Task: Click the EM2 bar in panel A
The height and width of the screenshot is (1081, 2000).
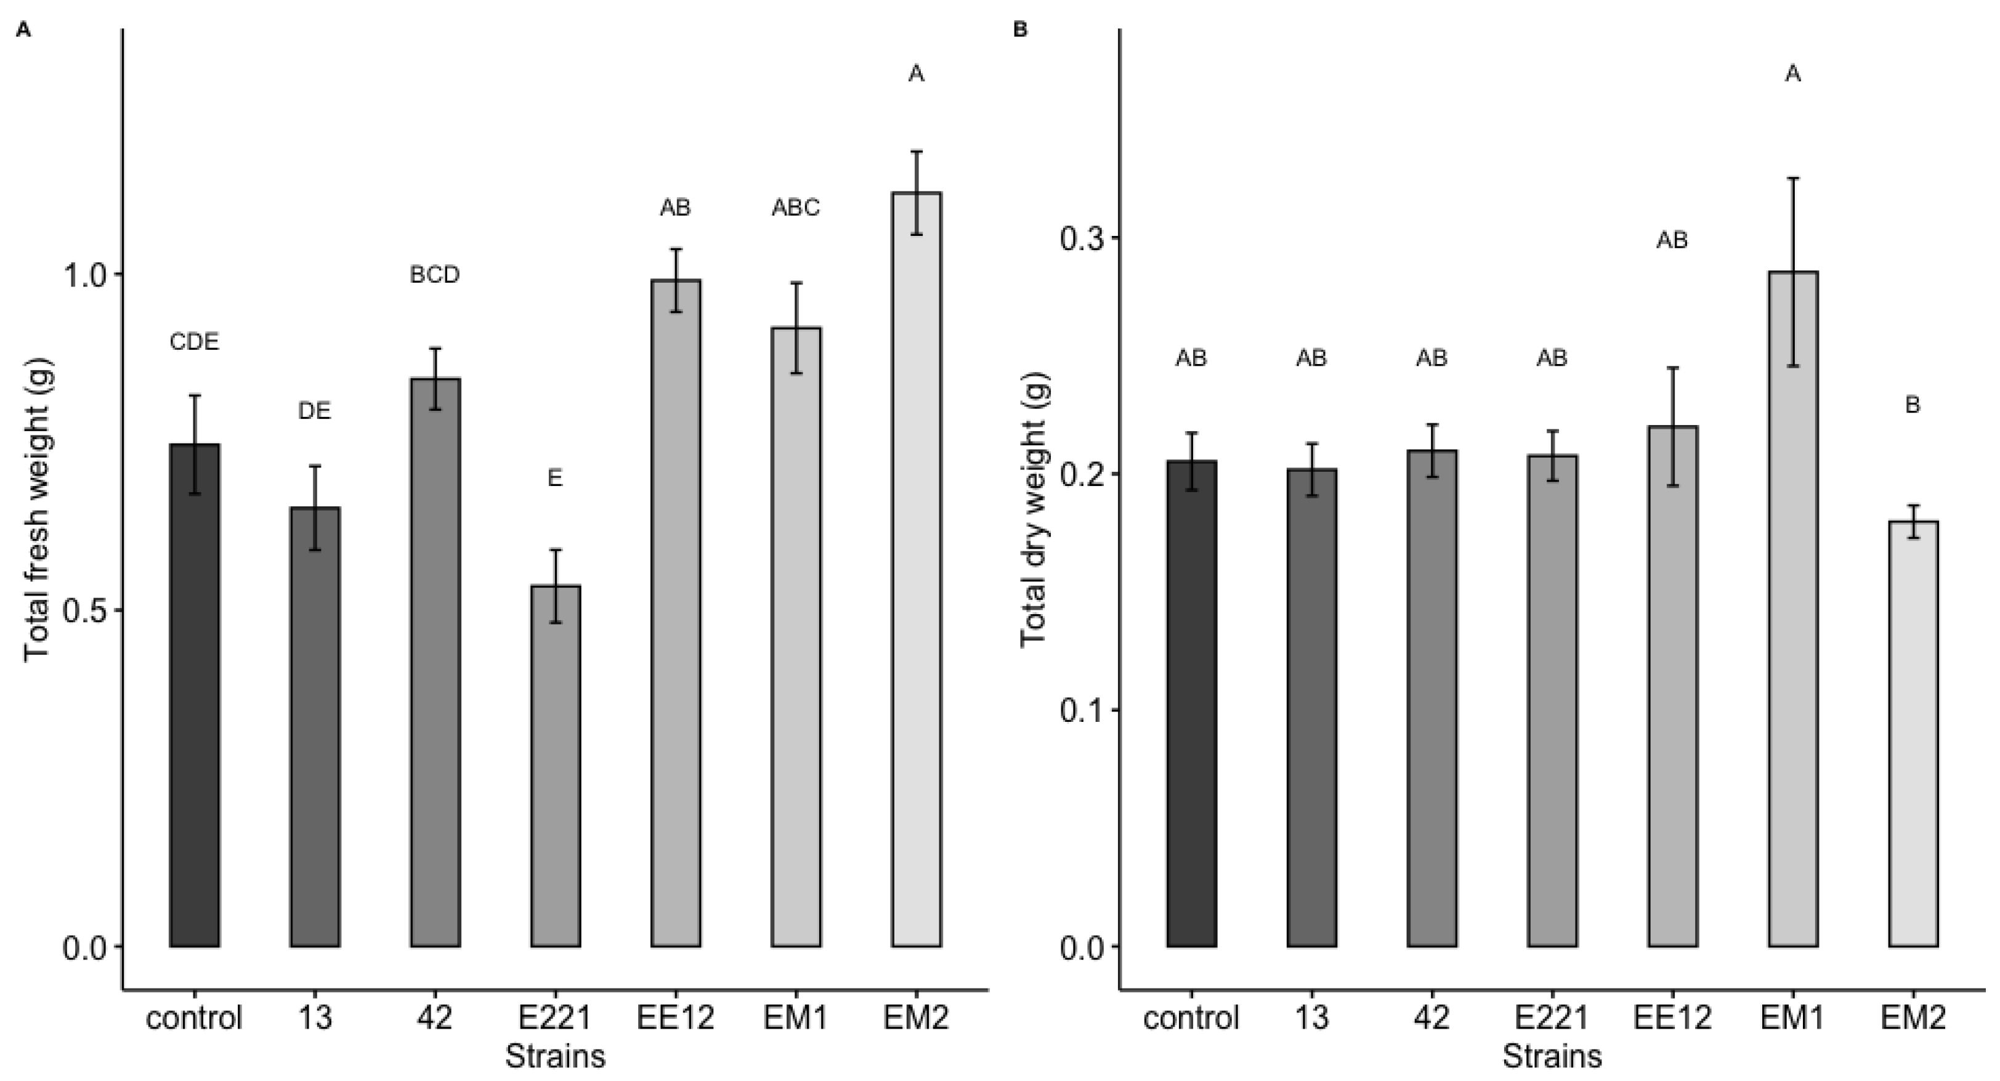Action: click(917, 567)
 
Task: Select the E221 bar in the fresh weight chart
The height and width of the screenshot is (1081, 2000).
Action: click(555, 765)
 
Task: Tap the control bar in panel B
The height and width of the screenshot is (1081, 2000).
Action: click(1191, 703)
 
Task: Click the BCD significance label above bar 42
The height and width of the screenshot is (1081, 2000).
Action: click(435, 275)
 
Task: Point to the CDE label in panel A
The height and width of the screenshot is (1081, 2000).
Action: click(194, 342)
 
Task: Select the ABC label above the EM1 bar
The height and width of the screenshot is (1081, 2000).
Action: click(796, 208)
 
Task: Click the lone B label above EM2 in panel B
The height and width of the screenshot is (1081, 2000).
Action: click(1913, 405)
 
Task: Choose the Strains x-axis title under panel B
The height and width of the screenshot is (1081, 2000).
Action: click(1551, 1057)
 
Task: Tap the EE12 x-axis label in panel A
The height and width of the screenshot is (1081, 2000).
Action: click(676, 1018)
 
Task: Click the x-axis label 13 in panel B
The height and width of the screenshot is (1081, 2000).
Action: click(1311, 1018)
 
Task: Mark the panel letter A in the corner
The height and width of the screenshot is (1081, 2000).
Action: click(23, 30)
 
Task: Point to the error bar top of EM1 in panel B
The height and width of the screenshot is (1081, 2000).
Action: click(1792, 179)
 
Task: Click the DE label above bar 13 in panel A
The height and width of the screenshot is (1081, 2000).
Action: click(314, 411)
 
